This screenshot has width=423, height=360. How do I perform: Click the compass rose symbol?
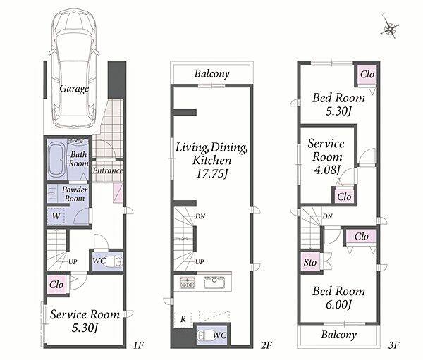pos(390,27)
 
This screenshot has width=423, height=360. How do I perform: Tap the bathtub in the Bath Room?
pos(57,160)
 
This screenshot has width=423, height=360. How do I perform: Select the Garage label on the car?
pos(74,89)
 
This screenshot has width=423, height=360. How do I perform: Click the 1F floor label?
pos(138,345)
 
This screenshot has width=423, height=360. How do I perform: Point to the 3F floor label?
pos(394,345)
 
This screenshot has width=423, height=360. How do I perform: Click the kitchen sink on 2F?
pos(214,283)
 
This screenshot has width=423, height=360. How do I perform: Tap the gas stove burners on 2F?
pos(188,283)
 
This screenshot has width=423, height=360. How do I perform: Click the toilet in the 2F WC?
pos(204,335)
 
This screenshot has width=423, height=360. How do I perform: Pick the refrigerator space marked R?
pos(183,319)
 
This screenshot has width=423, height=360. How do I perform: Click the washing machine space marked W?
pos(56,216)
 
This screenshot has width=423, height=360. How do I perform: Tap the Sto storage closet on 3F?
pos(310,262)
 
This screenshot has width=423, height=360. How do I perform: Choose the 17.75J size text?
pos(211,174)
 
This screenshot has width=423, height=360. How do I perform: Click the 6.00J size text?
pos(338,305)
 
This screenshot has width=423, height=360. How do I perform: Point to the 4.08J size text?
pos(327,170)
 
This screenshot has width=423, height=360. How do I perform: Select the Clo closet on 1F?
pos(56,285)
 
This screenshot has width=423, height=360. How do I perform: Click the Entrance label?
pos(108,170)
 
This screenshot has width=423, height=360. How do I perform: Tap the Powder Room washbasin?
pos(51,194)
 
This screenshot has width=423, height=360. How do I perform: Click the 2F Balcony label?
pos(211,73)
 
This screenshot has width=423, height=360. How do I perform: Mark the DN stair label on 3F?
pos(328,216)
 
